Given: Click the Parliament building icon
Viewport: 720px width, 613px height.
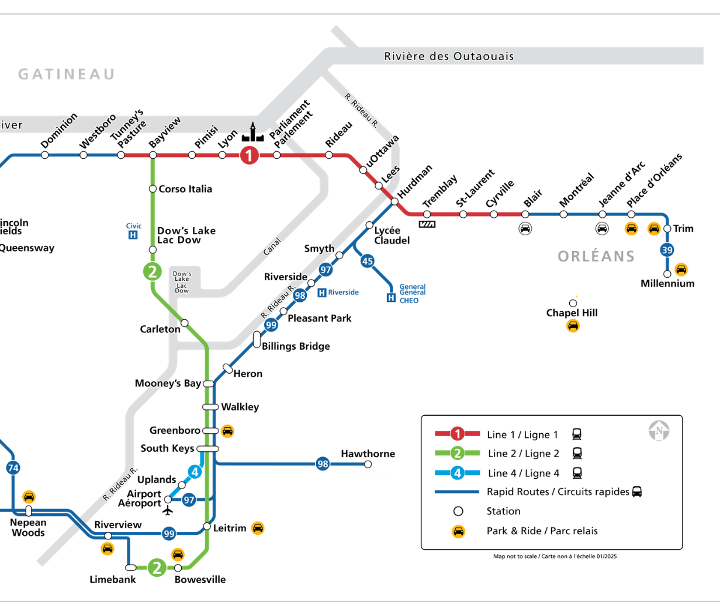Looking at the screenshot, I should [x=252, y=133].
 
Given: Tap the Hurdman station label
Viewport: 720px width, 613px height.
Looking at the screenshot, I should [x=415, y=181].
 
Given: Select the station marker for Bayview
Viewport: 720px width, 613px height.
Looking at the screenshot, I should [x=153, y=155].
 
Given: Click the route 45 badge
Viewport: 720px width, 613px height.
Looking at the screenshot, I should [x=367, y=261].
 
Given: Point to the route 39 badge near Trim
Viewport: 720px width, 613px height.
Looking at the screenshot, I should [x=667, y=250].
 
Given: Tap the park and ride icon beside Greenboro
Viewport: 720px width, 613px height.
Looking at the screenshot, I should [x=228, y=431].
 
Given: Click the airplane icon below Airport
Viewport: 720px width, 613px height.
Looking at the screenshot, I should [x=168, y=511].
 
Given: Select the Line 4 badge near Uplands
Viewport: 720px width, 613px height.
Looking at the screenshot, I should [x=195, y=472].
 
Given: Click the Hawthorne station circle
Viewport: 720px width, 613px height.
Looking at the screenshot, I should [x=368, y=465].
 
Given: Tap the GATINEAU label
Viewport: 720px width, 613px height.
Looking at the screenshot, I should [x=66, y=74].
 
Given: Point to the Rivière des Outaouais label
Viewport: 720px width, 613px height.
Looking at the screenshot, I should [x=449, y=57].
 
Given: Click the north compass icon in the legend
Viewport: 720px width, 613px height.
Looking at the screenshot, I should [x=659, y=431].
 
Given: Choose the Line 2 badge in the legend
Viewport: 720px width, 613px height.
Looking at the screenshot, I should [x=458, y=454].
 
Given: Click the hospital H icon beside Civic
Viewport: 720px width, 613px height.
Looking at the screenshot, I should [x=133, y=235].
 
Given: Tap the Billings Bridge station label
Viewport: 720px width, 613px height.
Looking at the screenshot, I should [x=296, y=346].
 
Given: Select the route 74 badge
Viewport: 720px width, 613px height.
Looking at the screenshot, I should [x=13, y=468].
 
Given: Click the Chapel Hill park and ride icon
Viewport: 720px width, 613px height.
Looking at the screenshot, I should [x=573, y=326].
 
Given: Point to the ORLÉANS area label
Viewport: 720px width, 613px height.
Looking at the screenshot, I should [x=596, y=256].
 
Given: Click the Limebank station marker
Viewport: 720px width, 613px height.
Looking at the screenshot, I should [x=131, y=567].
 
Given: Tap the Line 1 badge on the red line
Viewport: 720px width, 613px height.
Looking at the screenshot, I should [x=249, y=155].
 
